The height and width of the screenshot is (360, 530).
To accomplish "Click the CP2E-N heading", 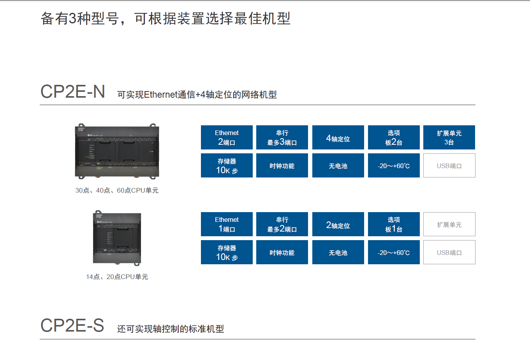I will click(73, 92).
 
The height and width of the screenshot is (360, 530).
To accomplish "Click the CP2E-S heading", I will click(72, 326).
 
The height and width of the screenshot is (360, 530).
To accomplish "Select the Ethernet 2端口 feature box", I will click(227, 137).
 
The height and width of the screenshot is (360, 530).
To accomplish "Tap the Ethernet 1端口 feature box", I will click(227, 224).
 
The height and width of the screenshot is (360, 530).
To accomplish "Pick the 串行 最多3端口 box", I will click(282, 137).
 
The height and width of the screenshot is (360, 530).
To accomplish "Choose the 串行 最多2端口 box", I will click(282, 224).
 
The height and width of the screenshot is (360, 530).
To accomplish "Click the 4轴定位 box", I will click(338, 137).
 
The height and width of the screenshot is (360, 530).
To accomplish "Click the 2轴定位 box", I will click(338, 224).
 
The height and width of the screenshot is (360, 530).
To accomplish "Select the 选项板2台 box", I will click(394, 137).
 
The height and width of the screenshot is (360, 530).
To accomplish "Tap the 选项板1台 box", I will click(394, 224).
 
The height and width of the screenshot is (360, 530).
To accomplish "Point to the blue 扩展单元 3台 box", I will click(449, 137).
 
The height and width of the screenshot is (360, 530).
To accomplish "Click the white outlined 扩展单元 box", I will click(449, 224).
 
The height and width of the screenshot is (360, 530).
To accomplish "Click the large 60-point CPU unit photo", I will click(117, 151).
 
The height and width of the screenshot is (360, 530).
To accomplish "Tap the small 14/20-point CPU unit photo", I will click(117, 238).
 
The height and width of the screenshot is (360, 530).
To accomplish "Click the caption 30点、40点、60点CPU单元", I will click(117, 190).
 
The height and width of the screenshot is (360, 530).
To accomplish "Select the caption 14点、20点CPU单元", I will click(117, 277).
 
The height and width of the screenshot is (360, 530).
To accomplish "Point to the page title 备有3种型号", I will click(166, 18).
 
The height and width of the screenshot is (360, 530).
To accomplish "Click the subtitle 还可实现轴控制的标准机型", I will click(171, 329).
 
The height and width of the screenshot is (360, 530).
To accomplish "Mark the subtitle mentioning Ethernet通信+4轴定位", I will click(197, 95).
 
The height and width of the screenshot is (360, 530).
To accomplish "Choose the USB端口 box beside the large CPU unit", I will click(449, 165).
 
